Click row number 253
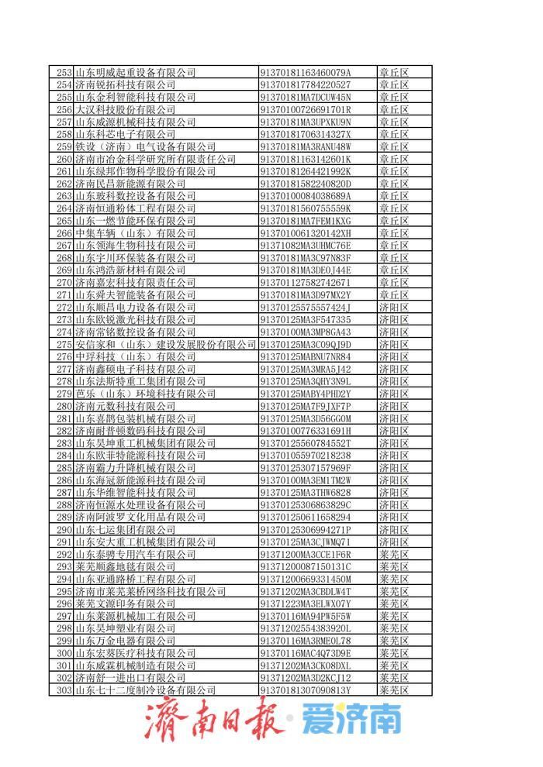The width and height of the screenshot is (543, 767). (x=64, y=73)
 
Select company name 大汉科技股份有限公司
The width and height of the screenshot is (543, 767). (x=124, y=110)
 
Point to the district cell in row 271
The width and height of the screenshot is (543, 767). (x=393, y=295)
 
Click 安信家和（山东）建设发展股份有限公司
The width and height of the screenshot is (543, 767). (x=165, y=345)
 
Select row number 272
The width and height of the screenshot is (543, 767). (x=64, y=308)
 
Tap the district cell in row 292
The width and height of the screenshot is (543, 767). (x=393, y=555)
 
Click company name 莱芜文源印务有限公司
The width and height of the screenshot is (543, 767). (x=124, y=604)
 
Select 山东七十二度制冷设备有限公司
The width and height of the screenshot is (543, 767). (x=145, y=690)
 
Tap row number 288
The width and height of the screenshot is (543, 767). (x=64, y=505)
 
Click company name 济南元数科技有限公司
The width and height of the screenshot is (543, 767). (x=124, y=406)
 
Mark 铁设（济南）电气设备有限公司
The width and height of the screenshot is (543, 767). (x=145, y=147)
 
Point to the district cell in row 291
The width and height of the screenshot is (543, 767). (x=393, y=542)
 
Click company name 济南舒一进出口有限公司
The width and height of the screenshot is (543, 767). (x=130, y=678)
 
